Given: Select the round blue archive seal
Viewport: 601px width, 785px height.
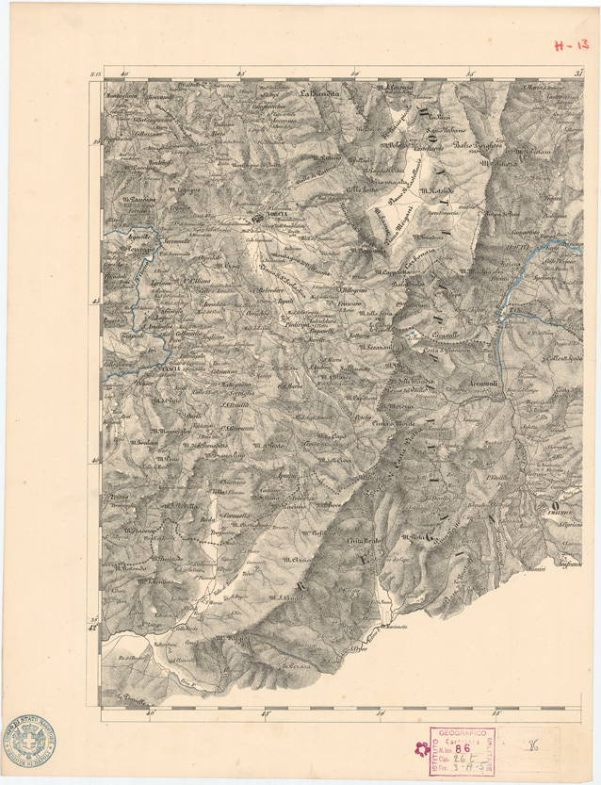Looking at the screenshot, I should (x=29, y=743).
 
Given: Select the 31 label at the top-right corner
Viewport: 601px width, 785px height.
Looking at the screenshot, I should (x=579, y=72).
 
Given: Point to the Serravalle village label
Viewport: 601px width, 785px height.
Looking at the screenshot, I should (x=175, y=241).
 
